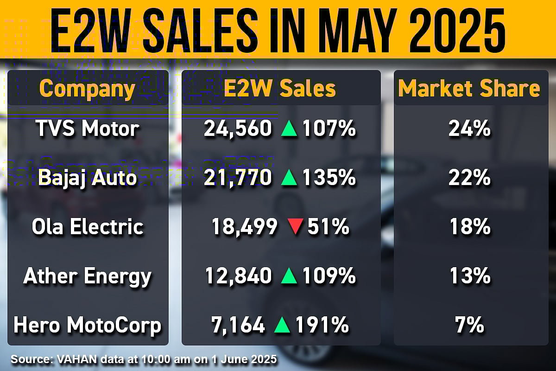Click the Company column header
click(87, 89)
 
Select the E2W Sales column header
click(280, 89)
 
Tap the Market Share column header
click(469, 89)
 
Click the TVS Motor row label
click(88, 129)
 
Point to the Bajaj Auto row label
click(88, 178)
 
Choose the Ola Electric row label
click(88, 227)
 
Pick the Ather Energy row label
click(88, 276)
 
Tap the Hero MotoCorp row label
click(88, 325)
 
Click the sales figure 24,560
click(237, 129)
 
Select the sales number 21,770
click(237, 178)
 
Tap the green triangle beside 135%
click(290, 178)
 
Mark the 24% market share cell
click(469, 129)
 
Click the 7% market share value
click(469, 325)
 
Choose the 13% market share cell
click(469, 276)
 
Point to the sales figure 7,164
click(238, 325)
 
